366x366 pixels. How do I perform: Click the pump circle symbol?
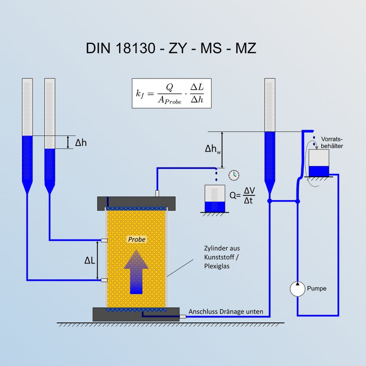tap(297, 289)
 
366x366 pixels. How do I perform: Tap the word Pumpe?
tap(316, 288)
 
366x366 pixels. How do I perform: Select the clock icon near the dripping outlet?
tap(234, 175)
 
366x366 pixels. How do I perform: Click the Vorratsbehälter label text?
tap(332, 142)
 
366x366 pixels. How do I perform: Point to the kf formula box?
tap(172, 94)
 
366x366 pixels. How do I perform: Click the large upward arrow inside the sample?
tap(136, 272)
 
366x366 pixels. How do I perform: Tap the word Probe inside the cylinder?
tap(137, 240)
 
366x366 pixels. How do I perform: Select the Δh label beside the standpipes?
tap(81, 143)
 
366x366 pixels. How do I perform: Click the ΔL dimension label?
tap(89, 260)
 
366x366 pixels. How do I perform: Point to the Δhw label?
tap(213, 149)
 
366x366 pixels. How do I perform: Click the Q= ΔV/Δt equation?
tap(242, 195)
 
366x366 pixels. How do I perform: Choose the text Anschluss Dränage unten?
tap(226, 312)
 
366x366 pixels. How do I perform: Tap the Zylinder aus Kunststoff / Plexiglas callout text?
tap(222, 257)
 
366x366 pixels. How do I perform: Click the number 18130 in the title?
tap(135, 48)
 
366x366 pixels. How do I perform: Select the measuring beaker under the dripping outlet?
tap(215, 198)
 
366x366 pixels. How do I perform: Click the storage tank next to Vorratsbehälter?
tap(318, 163)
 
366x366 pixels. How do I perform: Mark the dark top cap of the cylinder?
tap(136, 204)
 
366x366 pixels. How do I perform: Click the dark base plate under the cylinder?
tap(136, 314)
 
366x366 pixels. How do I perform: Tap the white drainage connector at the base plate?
tap(183, 316)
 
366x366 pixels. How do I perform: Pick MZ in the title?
tap(246, 48)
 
